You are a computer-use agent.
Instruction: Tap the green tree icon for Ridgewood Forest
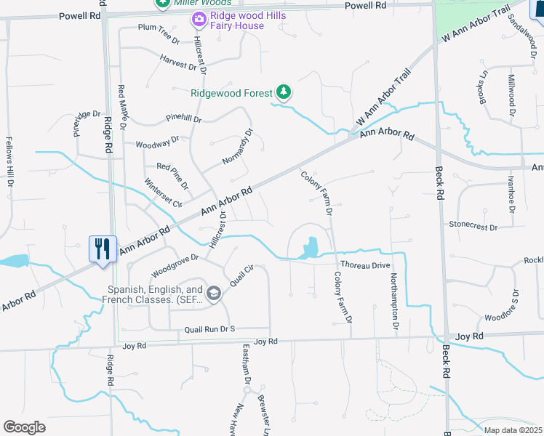tap(284, 92)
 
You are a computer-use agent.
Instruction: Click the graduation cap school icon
tap(213, 293)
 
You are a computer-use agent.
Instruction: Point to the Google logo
tap(24, 427)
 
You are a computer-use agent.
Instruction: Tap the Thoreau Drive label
tap(365, 265)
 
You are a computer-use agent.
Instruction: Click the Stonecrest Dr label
tap(473, 227)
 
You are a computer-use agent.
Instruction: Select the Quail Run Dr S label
tap(211, 329)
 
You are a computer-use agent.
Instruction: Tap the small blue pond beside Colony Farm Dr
tap(310, 249)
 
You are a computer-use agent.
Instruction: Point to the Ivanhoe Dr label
tap(512, 193)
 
